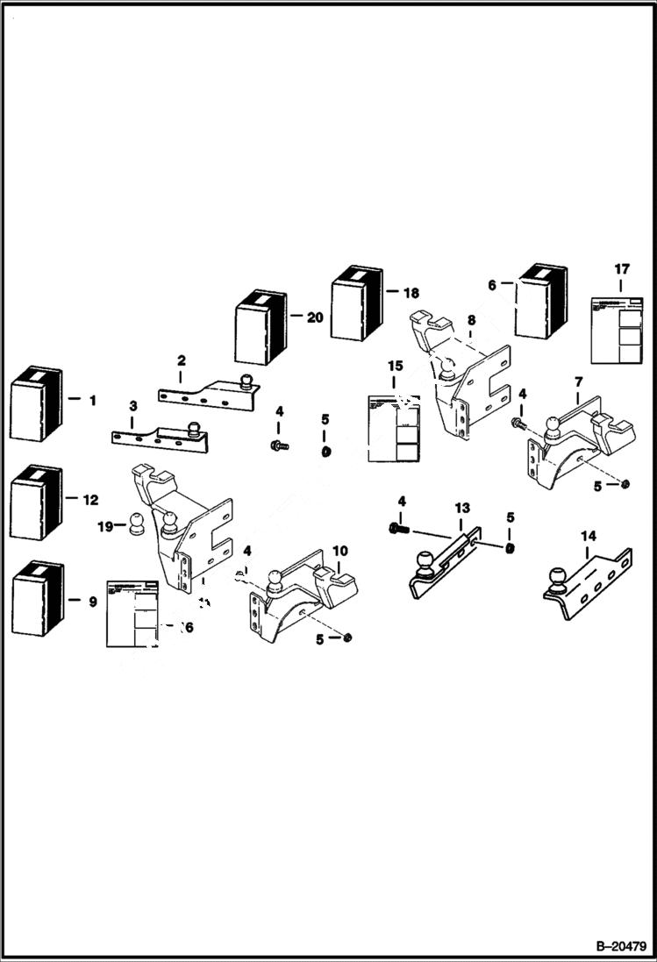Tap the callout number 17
(x=621, y=269)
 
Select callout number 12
(x=90, y=500)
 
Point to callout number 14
(x=588, y=534)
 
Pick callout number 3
(x=132, y=407)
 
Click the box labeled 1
(x=36, y=404)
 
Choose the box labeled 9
(x=36, y=599)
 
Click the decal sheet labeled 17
(x=621, y=330)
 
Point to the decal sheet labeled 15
(x=393, y=428)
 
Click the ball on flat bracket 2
(x=246, y=381)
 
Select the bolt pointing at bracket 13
(x=397, y=527)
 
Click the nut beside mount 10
(x=346, y=638)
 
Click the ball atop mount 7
(x=553, y=428)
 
